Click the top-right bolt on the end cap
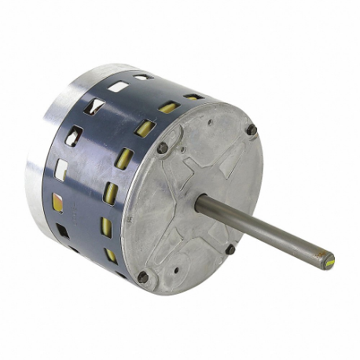pos(252,130)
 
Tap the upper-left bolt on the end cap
pos(163,148)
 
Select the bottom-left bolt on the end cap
pos(143,277)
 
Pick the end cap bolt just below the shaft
pos(230,249)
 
